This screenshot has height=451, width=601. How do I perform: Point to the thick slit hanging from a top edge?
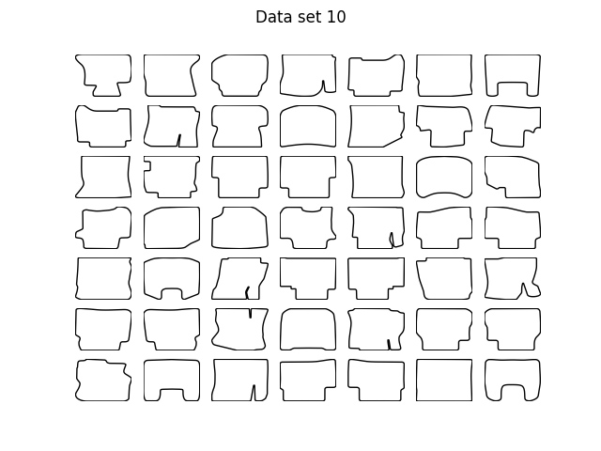coord(251,313)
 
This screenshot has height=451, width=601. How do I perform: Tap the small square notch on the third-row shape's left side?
coord(147,165)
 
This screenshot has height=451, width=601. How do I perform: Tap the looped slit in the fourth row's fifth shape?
coord(392,240)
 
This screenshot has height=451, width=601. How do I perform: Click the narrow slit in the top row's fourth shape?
coord(323,86)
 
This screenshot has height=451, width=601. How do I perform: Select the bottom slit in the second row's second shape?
coord(179,140)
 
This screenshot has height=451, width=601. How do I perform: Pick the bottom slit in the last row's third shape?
coord(254,393)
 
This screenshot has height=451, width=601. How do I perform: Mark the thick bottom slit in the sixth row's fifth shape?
coord(389,345)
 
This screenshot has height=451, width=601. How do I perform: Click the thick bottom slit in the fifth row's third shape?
coord(247,292)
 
